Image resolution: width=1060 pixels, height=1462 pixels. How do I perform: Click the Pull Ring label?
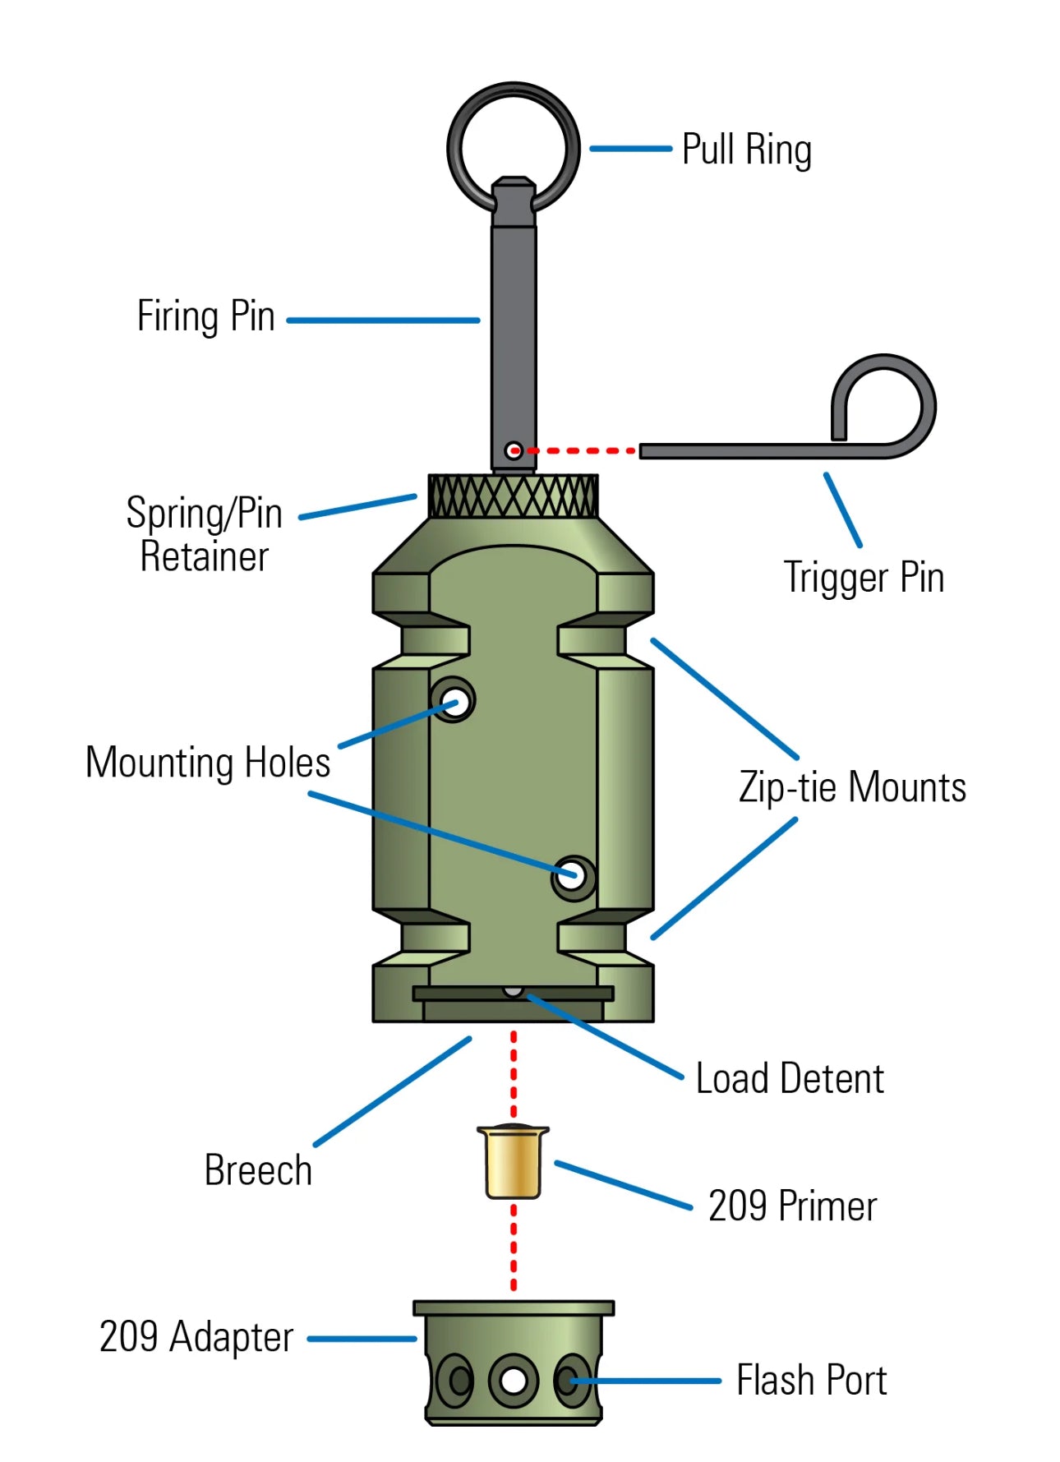pyautogui.click(x=746, y=150)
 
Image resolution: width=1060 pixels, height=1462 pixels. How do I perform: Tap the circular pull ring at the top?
pyautogui.click(x=514, y=90)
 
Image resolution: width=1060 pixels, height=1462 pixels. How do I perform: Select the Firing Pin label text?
pyautogui.click(x=205, y=316)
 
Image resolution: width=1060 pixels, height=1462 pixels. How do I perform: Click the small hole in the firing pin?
pyautogui.click(x=514, y=450)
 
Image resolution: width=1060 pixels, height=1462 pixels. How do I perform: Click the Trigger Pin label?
pyautogui.click(x=864, y=577)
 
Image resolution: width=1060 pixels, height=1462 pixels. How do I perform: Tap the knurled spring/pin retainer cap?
pyautogui.click(x=514, y=496)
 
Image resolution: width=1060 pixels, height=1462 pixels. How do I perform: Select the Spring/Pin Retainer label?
pyautogui.click(x=204, y=534)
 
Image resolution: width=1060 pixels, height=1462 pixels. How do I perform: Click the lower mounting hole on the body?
pyautogui.click(x=573, y=875)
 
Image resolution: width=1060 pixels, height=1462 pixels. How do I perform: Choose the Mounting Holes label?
pyautogui.click(x=208, y=763)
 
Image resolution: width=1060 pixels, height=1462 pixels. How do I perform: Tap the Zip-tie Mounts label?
pyautogui.click(x=852, y=787)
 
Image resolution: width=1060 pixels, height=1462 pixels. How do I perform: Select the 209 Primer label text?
pyautogui.click(x=792, y=1206)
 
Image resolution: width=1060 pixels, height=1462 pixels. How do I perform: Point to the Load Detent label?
pyautogui.click(x=790, y=1079)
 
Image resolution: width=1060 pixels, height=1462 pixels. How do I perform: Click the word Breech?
pyautogui.click(x=258, y=1170)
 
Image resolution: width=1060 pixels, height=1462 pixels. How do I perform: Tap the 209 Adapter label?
pyautogui.click(x=196, y=1337)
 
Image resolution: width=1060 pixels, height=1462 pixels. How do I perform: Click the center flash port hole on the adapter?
pyautogui.click(x=514, y=1381)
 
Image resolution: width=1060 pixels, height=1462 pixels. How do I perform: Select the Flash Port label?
pyautogui.click(x=811, y=1381)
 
